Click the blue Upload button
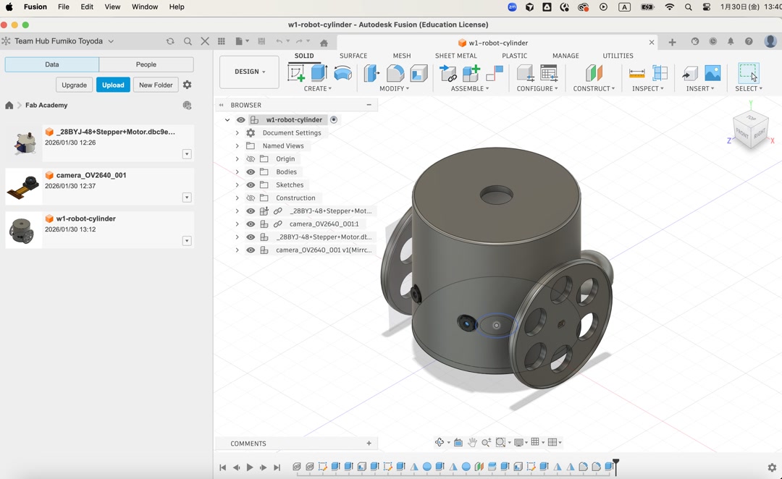point(113,85)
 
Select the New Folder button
point(156,85)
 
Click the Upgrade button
point(74,85)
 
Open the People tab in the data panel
point(146,64)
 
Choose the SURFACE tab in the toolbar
point(353,56)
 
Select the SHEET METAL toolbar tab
point(455,56)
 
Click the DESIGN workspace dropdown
point(249,72)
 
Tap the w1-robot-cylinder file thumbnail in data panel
point(22,231)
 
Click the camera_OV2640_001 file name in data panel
point(91,175)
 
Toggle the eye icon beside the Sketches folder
point(251,185)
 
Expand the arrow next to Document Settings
point(237,133)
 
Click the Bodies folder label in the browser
point(286,172)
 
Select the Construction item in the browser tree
point(295,198)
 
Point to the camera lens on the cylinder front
point(466,323)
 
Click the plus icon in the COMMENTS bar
point(369,444)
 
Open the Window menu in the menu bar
point(145,7)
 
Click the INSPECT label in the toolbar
point(647,89)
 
